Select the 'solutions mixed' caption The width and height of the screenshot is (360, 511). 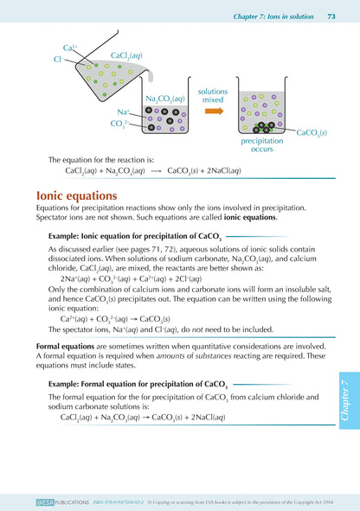[213, 95]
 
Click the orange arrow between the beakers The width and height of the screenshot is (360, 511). [213, 111]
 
